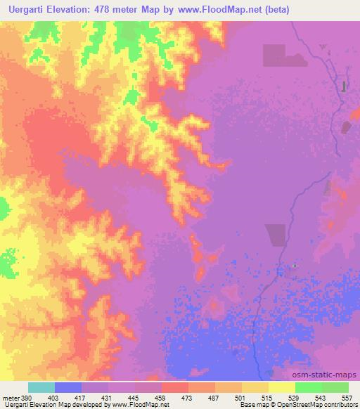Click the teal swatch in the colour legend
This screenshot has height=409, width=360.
[41, 387]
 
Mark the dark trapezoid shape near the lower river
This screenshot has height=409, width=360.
[276, 233]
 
